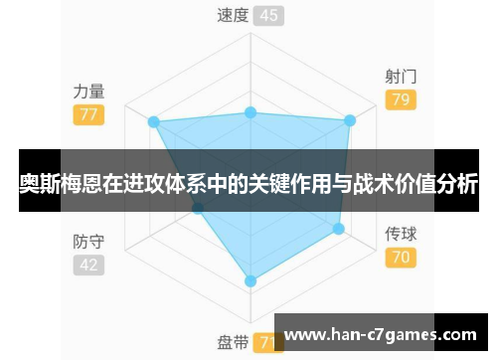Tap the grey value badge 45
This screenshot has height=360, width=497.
[267, 15]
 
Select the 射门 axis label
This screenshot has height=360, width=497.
[401, 77]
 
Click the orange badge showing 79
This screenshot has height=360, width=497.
[401, 99]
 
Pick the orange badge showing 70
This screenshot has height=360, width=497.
[401, 258]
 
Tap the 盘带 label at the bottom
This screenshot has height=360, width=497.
[233, 343]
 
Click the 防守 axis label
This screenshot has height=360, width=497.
[88, 242]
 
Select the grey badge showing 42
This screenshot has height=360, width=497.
[88, 265]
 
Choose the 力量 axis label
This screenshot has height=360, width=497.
[88, 90]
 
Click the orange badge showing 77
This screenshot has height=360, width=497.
[88, 113]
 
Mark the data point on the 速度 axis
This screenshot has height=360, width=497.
[250, 112]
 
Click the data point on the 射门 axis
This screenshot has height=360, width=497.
[349, 121]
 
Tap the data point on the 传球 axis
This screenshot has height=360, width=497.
[338, 229]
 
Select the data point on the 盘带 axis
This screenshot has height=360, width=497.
[250, 281]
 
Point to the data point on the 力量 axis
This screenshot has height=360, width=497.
[153, 121]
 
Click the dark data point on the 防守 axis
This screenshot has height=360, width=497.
[198, 209]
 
